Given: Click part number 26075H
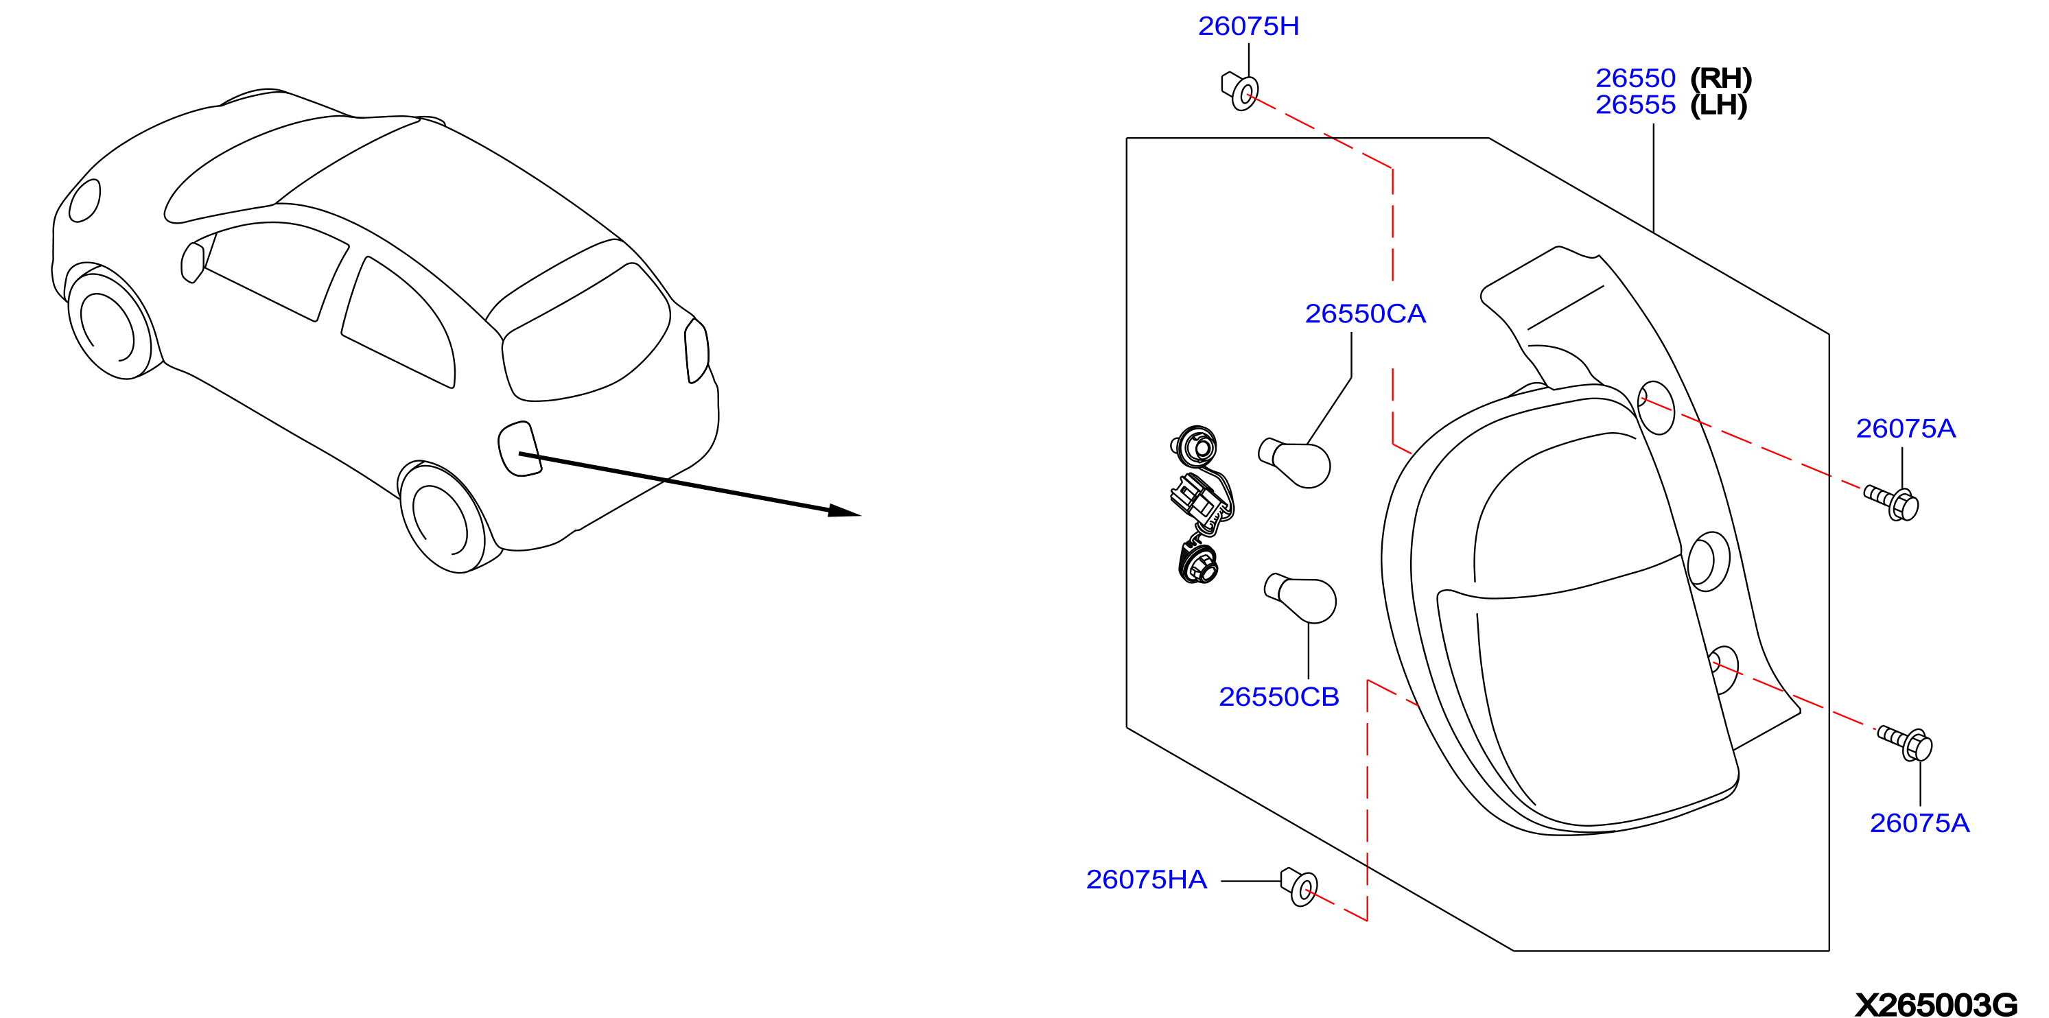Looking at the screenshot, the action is click(1248, 26).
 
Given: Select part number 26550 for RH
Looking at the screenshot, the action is click(1635, 78).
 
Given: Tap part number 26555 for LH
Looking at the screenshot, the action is click(1635, 105).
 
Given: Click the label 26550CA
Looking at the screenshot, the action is click(1365, 313).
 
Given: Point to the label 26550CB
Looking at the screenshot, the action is click(1279, 697).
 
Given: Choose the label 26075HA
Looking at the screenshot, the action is click(1146, 879).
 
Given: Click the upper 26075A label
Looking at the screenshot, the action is click(1906, 429).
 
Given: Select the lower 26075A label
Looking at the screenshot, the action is click(1919, 823).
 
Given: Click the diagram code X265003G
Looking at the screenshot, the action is click(1936, 1004).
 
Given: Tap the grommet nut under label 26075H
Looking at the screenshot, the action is click(1240, 91).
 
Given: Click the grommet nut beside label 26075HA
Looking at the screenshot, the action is click(1299, 887).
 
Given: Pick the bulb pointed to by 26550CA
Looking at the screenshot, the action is click(1294, 462).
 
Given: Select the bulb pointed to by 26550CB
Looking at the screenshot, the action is click(1300, 598).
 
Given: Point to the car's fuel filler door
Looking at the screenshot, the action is click(519, 449).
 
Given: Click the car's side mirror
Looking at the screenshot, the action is click(193, 263).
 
